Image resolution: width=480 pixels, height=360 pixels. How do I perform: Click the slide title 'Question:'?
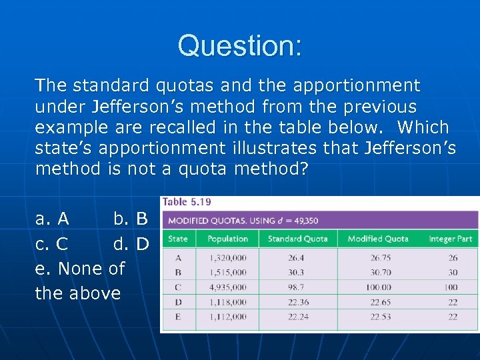click(239, 46)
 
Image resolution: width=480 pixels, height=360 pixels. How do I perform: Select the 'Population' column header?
click(227, 239)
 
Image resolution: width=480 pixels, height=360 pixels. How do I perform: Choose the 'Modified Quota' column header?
click(377, 239)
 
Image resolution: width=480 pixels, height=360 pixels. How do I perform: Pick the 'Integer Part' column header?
click(450, 239)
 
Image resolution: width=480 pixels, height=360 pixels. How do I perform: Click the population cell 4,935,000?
click(227, 287)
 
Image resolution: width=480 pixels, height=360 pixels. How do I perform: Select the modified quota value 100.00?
click(377, 287)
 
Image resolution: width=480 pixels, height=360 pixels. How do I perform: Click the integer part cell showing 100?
click(451, 287)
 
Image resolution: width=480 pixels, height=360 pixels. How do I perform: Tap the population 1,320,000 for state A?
click(227, 257)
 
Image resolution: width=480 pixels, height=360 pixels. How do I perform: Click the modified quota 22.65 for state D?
click(377, 302)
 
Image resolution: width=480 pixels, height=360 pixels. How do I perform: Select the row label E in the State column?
click(178, 317)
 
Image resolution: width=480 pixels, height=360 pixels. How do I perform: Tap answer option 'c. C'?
click(51, 244)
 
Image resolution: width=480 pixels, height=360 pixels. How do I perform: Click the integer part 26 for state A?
click(453, 257)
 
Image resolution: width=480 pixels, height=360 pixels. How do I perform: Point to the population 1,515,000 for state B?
click(227, 273)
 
